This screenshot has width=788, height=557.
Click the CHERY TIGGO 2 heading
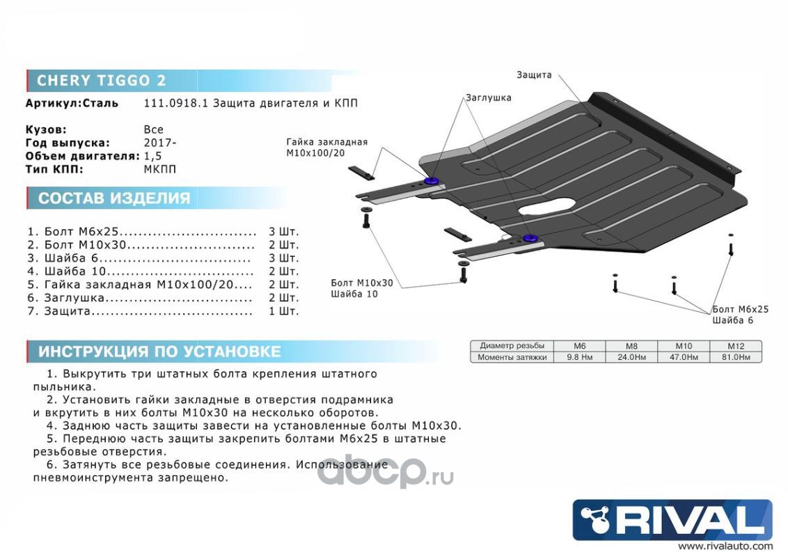pyautogui.click(x=101, y=80)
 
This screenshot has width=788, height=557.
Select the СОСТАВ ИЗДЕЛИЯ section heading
pyautogui.click(x=113, y=198)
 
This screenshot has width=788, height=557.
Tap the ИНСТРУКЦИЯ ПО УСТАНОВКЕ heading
pyautogui.click(x=159, y=352)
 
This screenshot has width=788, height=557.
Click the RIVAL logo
pyautogui.click(x=672, y=519)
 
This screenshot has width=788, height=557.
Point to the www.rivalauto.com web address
pyautogui.click(x=725, y=547)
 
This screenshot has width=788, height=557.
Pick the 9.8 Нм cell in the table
pyautogui.click(x=579, y=357)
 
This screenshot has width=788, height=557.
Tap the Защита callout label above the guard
pyautogui.click(x=534, y=74)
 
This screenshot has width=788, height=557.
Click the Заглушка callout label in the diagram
pyautogui.click(x=489, y=97)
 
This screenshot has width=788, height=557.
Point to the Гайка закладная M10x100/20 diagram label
pyautogui.click(x=326, y=148)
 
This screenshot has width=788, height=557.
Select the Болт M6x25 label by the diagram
pyautogui.click(x=740, y=309)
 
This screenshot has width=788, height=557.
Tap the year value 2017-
pyautogui.click(x=159, y=142)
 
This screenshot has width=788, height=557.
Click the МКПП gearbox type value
pyautogui.click(x=159, y=168)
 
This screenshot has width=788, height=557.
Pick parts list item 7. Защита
pyautogui.click(x=139, y=311)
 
